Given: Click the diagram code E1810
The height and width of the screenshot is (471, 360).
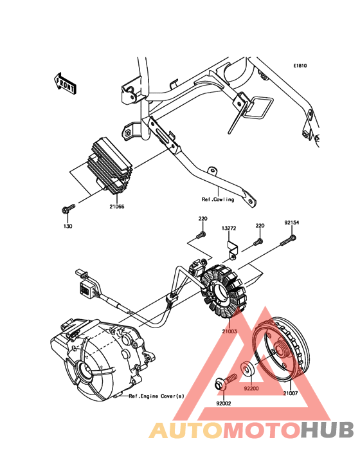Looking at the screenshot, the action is (x=300, y=66).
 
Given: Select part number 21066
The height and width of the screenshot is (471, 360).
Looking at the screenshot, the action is (x=117, y=207).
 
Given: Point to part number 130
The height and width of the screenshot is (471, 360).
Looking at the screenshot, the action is (x=67, y=226).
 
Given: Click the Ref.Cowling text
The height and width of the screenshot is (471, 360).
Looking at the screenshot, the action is (x=218, y=199).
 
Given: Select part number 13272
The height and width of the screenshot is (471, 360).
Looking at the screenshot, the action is (x=229, y=228).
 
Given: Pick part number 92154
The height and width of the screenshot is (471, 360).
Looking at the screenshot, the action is (x=292, y=223).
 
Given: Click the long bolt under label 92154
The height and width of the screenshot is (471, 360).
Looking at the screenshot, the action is (x=288, y=241).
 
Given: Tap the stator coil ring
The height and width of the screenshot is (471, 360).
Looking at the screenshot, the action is (x=223, y=291).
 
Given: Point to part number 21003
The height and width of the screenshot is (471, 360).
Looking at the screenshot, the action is (x=230, y=331).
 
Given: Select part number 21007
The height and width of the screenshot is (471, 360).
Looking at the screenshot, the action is (x=291, y=393).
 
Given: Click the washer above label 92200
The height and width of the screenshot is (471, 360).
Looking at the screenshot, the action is (x=248, y=369).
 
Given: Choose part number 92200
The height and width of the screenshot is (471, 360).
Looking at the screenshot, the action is (x=251, y=389).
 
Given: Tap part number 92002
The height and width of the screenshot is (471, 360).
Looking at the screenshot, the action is (x=224, y=403).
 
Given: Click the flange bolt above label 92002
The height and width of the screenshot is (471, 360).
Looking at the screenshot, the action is (x=226, y=382).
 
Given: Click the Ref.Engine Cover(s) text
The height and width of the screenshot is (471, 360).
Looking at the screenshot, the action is (x=157, y=396).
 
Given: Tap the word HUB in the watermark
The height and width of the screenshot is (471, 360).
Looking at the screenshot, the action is (x=328, y=430).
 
